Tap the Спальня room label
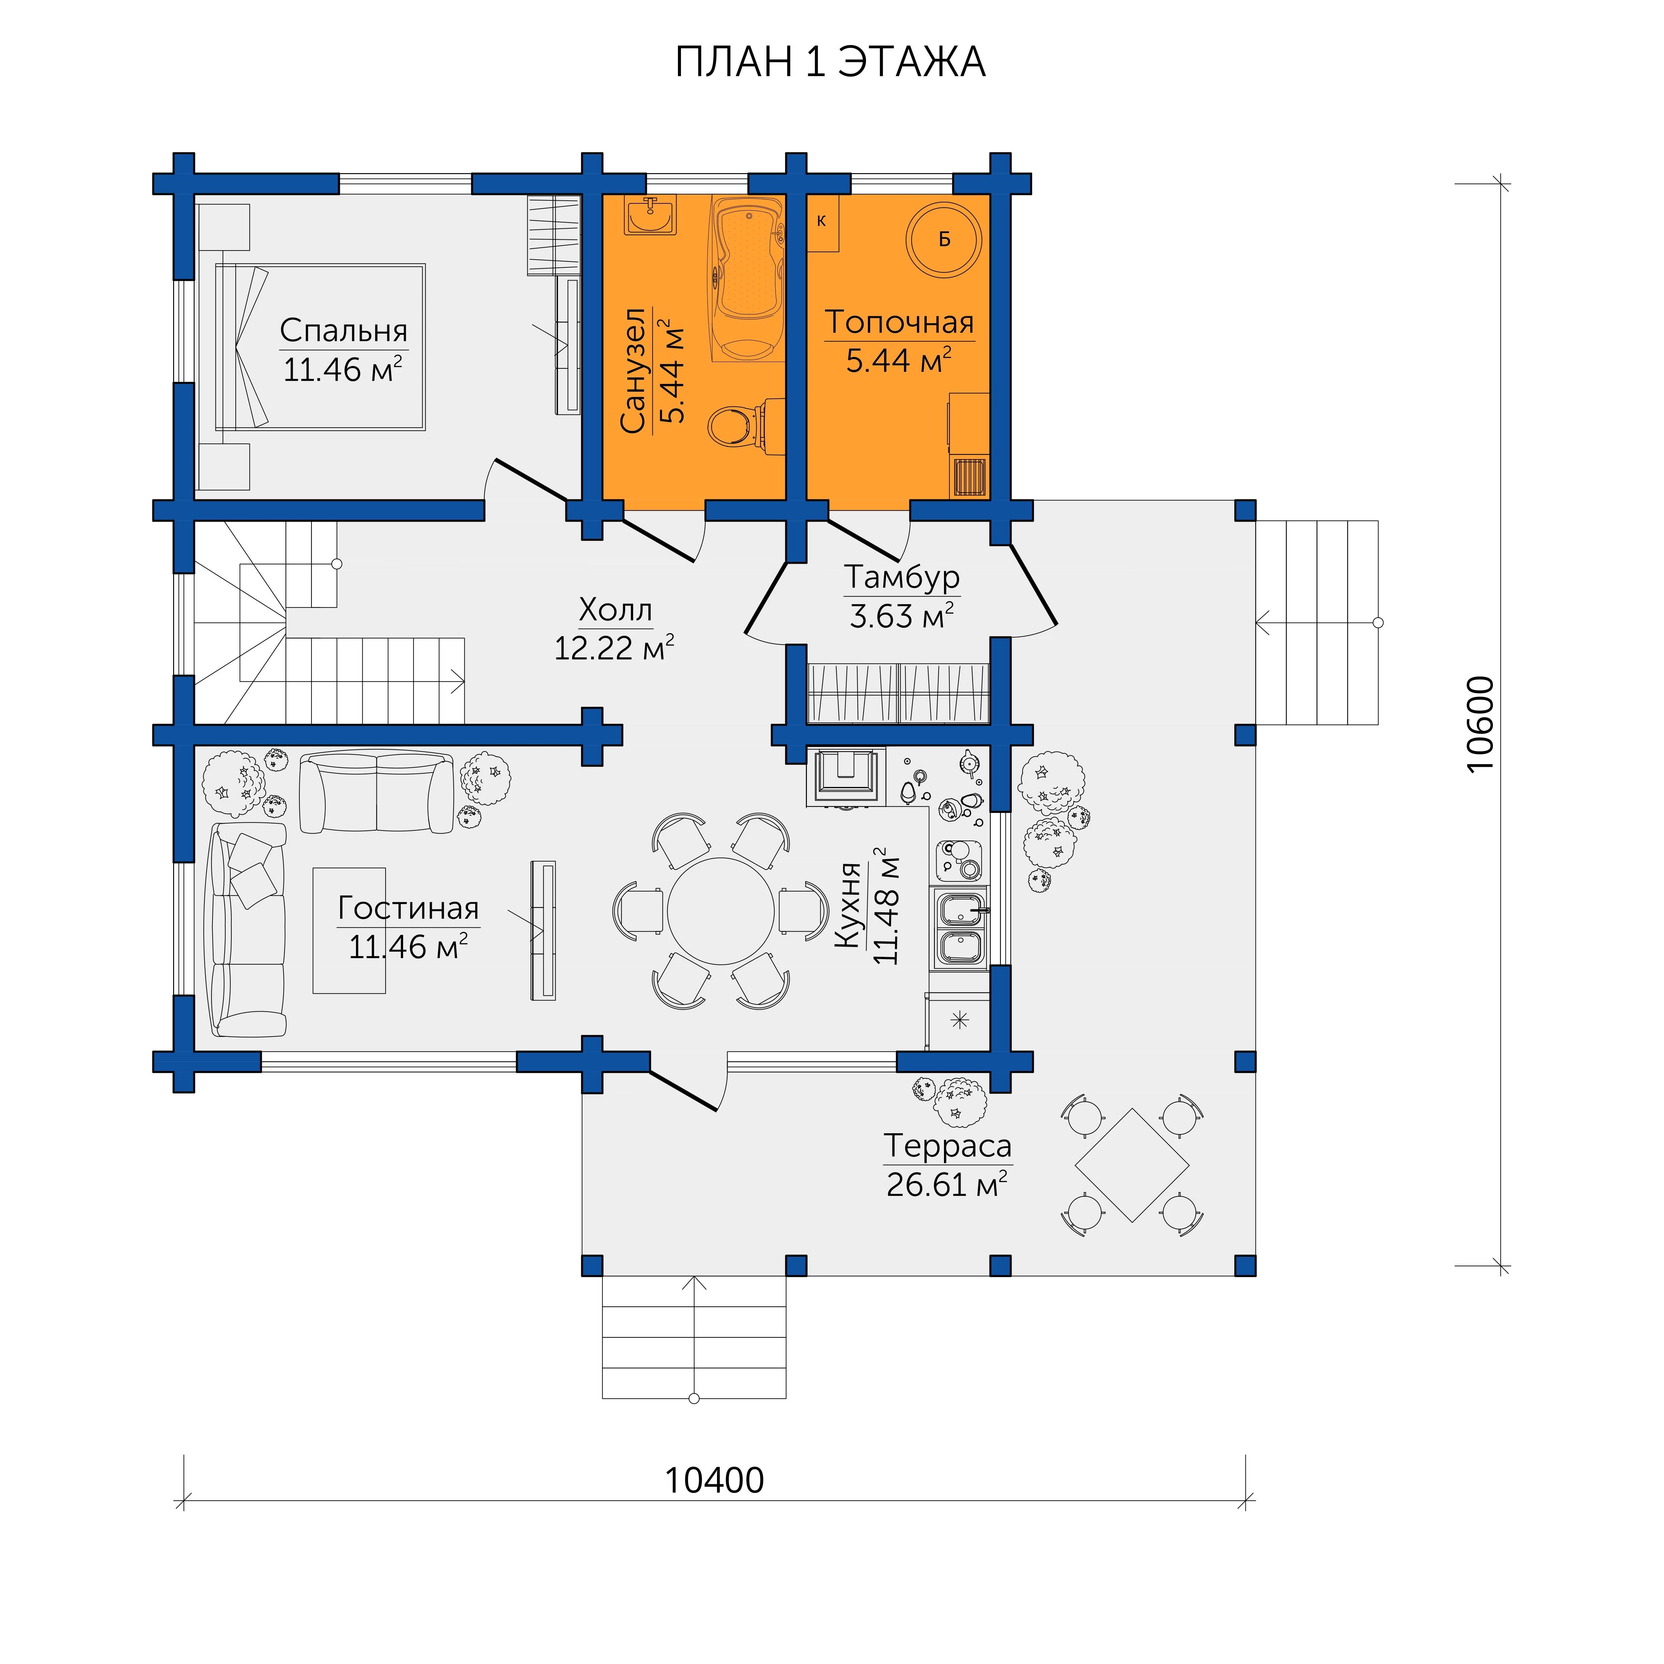344,331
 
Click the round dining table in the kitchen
721,911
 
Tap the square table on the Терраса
1132,1165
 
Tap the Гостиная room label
408,908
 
